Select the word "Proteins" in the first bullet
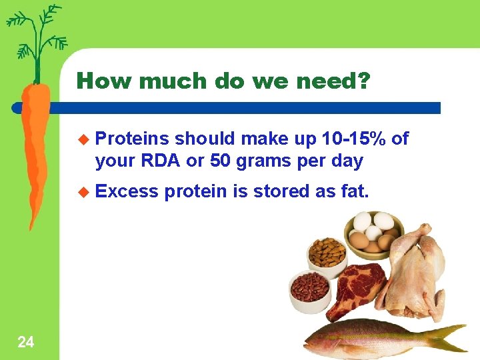coord(132,139)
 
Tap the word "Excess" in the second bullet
coord(127,192)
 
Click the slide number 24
coord(25,343)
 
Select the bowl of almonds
coord(327,253)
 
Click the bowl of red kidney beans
coord(310,287)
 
